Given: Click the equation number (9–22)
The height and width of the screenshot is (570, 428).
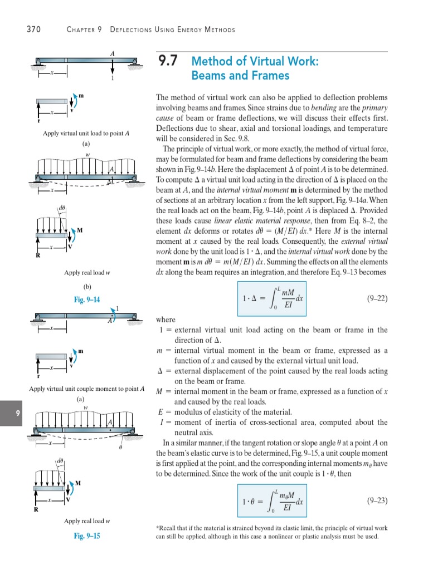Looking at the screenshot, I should (x=377, y=298).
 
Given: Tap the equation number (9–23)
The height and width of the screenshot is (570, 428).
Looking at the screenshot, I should (x=377, y=500).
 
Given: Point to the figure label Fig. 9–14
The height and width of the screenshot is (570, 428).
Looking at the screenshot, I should (x=87, y=299).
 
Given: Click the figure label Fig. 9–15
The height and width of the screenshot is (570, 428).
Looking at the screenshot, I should (x=87, y=536).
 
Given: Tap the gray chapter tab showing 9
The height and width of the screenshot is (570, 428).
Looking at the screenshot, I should (x=10, y=413).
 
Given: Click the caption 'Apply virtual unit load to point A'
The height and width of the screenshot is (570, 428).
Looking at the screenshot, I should (x=86, y=134).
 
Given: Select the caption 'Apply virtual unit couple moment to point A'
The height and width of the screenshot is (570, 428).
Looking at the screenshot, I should (x=86, y=389).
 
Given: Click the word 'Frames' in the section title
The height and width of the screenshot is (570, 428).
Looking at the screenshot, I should (x=271, y=75).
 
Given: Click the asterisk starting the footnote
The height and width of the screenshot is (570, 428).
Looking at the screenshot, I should (x=158, y=527).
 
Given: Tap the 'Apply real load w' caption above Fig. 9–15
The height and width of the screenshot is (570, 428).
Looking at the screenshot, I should (x=86, y=521).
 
